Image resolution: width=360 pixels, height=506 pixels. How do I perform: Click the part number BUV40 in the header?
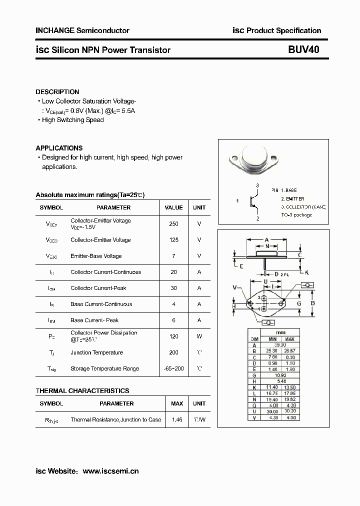[303, 50]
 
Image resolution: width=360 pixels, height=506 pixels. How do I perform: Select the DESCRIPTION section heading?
[57, 92]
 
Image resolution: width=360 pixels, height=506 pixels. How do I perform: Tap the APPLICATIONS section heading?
[59, 148]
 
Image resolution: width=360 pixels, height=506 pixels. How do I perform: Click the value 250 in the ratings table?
[173, 224]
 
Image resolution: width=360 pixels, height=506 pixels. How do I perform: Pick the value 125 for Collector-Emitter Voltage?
[173, 240]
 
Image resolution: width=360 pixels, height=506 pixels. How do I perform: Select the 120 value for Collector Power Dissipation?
[173, 336]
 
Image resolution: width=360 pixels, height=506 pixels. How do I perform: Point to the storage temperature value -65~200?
[173, 368]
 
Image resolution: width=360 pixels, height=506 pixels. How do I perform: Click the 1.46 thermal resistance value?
[177, 419]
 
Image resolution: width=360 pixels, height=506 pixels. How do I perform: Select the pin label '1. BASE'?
[284, 190]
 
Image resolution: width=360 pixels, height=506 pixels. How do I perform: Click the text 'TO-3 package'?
[296, 215]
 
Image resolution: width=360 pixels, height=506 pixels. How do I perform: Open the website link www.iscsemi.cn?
[110, 471]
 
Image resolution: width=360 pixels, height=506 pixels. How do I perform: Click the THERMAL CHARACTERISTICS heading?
[82, 390]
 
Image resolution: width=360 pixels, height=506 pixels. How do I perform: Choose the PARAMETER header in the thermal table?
[116, 403]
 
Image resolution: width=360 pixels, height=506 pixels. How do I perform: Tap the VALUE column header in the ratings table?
[173, 207]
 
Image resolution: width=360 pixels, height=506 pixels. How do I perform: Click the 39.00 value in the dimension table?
[279, 344]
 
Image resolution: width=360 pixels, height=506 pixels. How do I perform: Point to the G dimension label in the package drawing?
[299, 303]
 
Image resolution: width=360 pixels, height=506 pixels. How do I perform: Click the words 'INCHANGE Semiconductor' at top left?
[82, 30]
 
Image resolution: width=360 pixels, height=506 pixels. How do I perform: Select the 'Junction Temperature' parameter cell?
[96, 352]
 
